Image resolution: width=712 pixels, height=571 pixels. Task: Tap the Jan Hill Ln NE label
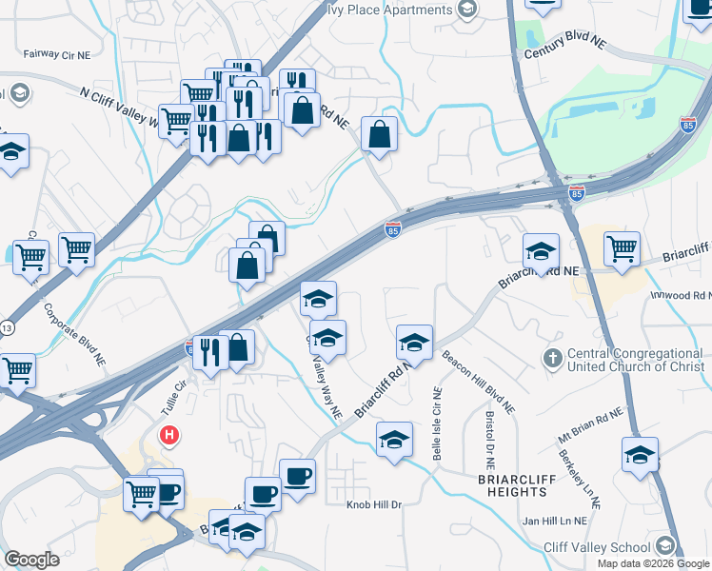coord(554,522)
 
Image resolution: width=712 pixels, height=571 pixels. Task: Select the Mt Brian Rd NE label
coord(590,425)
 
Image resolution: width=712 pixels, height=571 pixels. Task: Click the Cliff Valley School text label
coord(597,547)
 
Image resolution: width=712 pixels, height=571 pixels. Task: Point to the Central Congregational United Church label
coord(635,360)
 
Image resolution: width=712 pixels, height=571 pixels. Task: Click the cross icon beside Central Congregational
coord(551,359)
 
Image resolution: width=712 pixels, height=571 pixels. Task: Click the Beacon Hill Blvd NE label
coord(480,383)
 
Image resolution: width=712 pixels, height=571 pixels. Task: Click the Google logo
coord(31,559)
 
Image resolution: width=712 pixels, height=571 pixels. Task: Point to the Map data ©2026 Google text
coord(653,563)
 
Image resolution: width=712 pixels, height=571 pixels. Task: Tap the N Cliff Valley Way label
coord(117,105)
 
